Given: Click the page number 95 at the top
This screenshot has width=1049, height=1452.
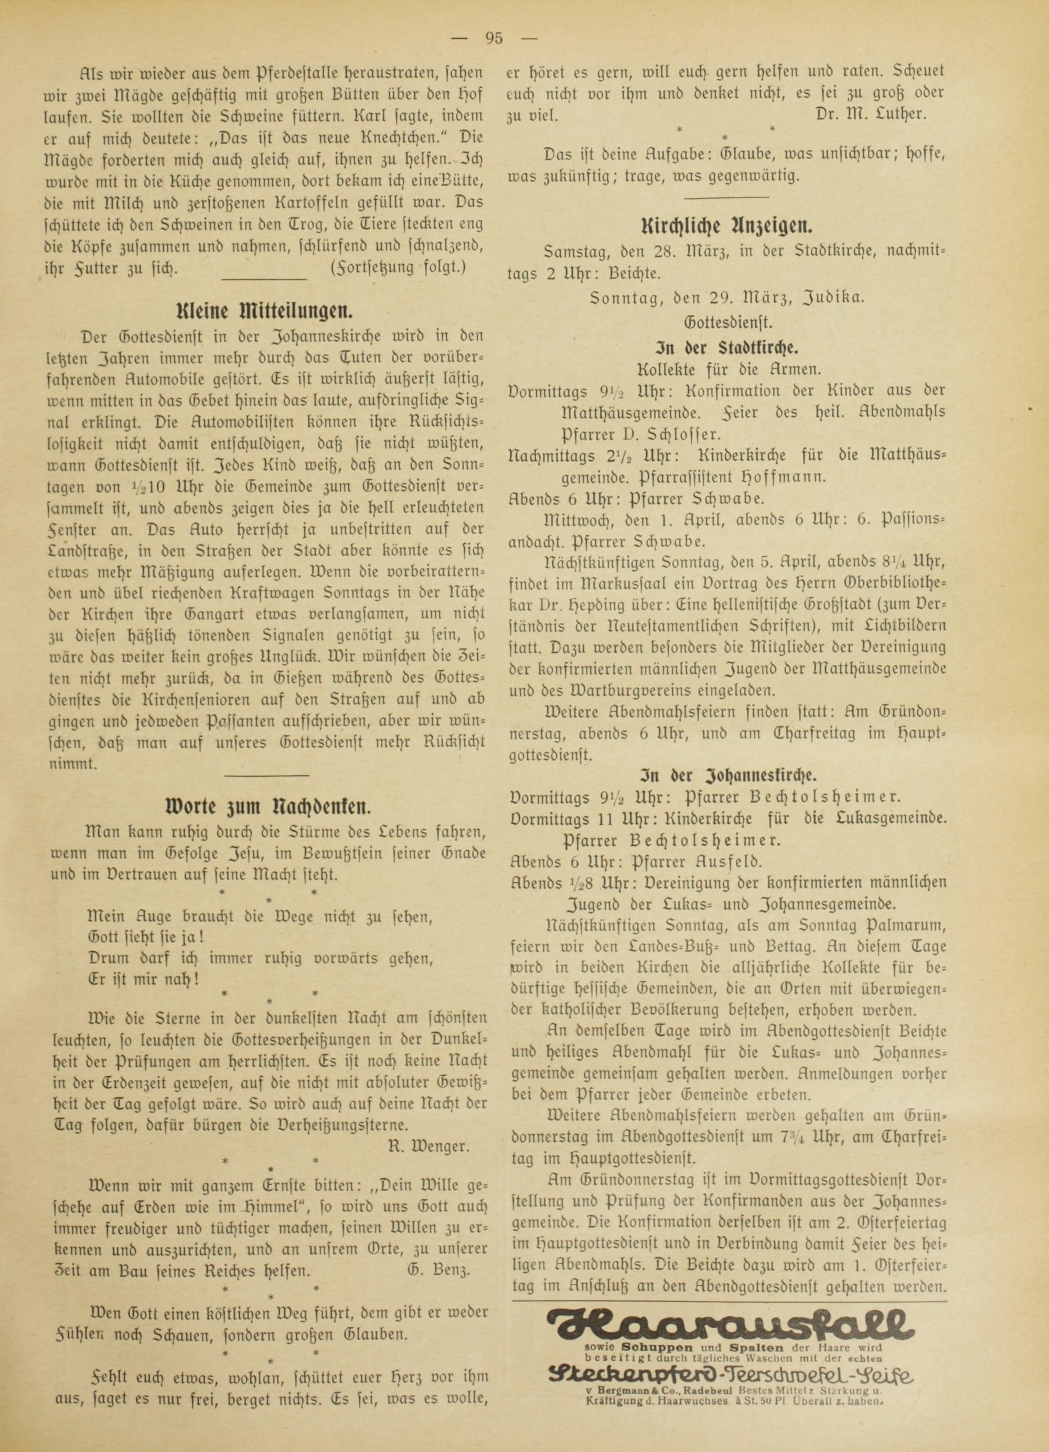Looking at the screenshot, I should pos(494,38).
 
